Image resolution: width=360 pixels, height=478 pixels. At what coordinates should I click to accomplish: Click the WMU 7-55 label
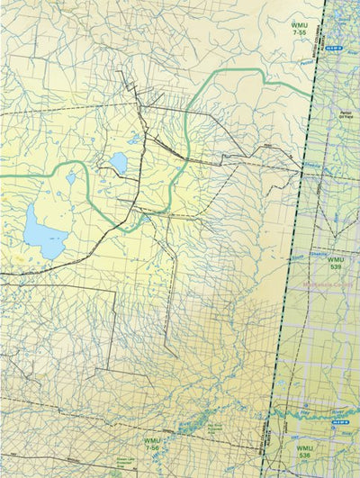299,28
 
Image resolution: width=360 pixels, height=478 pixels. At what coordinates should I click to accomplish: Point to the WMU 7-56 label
152,445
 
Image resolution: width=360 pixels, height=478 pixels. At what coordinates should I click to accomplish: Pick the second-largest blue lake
119,163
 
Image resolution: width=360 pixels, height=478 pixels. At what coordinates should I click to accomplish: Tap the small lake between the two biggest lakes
70,178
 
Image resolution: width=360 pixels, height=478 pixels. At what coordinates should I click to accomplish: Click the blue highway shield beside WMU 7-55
334,43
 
